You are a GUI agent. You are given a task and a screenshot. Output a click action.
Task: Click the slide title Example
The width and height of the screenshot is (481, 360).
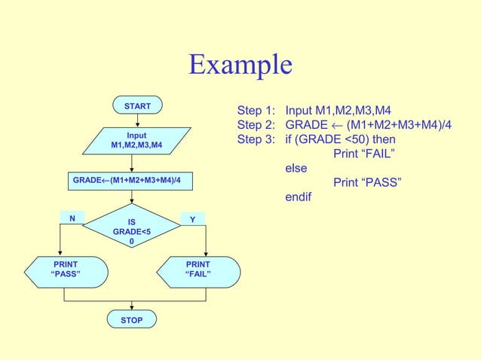(x=240, y=65)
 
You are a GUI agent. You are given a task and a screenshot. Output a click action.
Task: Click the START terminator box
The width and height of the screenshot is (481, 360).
(x=137, y=107)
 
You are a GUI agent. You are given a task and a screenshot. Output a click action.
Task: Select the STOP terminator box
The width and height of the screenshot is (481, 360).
(x=132, y=321)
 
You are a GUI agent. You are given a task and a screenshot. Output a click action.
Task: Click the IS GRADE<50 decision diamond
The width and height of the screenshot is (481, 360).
(x=132, y=233)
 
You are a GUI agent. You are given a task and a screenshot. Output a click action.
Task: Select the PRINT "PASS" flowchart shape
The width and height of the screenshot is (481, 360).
(x=65, y=269)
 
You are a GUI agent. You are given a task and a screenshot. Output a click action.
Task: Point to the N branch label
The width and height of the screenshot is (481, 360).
(x=72, y=219)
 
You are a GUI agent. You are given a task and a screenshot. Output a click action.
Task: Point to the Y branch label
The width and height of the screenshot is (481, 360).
(x=192, y=219)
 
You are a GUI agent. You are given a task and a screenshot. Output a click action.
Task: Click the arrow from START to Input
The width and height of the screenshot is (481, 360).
(x=137, y=121)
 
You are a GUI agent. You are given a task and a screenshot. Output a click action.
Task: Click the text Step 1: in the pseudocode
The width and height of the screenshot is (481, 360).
(x=256, y=110)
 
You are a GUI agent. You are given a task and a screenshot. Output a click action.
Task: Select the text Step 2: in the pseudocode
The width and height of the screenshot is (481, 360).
(x=256, y=125)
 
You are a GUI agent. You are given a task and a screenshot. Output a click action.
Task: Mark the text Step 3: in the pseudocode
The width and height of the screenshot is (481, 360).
(x=256, y=140)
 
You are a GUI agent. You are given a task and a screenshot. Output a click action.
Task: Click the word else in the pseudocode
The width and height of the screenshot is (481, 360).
(x=296, y=169)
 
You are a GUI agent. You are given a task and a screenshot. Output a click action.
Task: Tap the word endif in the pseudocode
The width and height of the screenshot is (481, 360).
(x=298, y=197)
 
